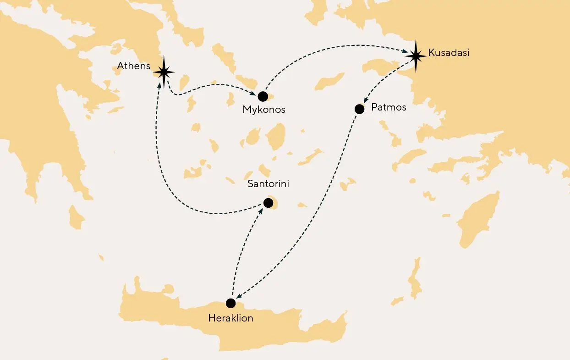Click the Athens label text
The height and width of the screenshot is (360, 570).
[133, 66]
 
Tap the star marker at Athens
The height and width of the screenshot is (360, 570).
[164, 72]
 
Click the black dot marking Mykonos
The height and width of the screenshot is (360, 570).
[263, 96]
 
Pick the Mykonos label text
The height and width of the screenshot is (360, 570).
[264, 110]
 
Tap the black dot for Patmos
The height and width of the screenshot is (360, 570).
[360, 109]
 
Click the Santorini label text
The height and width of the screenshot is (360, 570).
[268, 184]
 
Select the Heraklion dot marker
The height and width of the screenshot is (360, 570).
[231, 303]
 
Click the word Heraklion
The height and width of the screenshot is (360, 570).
[230, 318]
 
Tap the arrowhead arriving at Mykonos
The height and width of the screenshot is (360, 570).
[252, 94]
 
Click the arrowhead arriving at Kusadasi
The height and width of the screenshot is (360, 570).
[406, 52]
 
